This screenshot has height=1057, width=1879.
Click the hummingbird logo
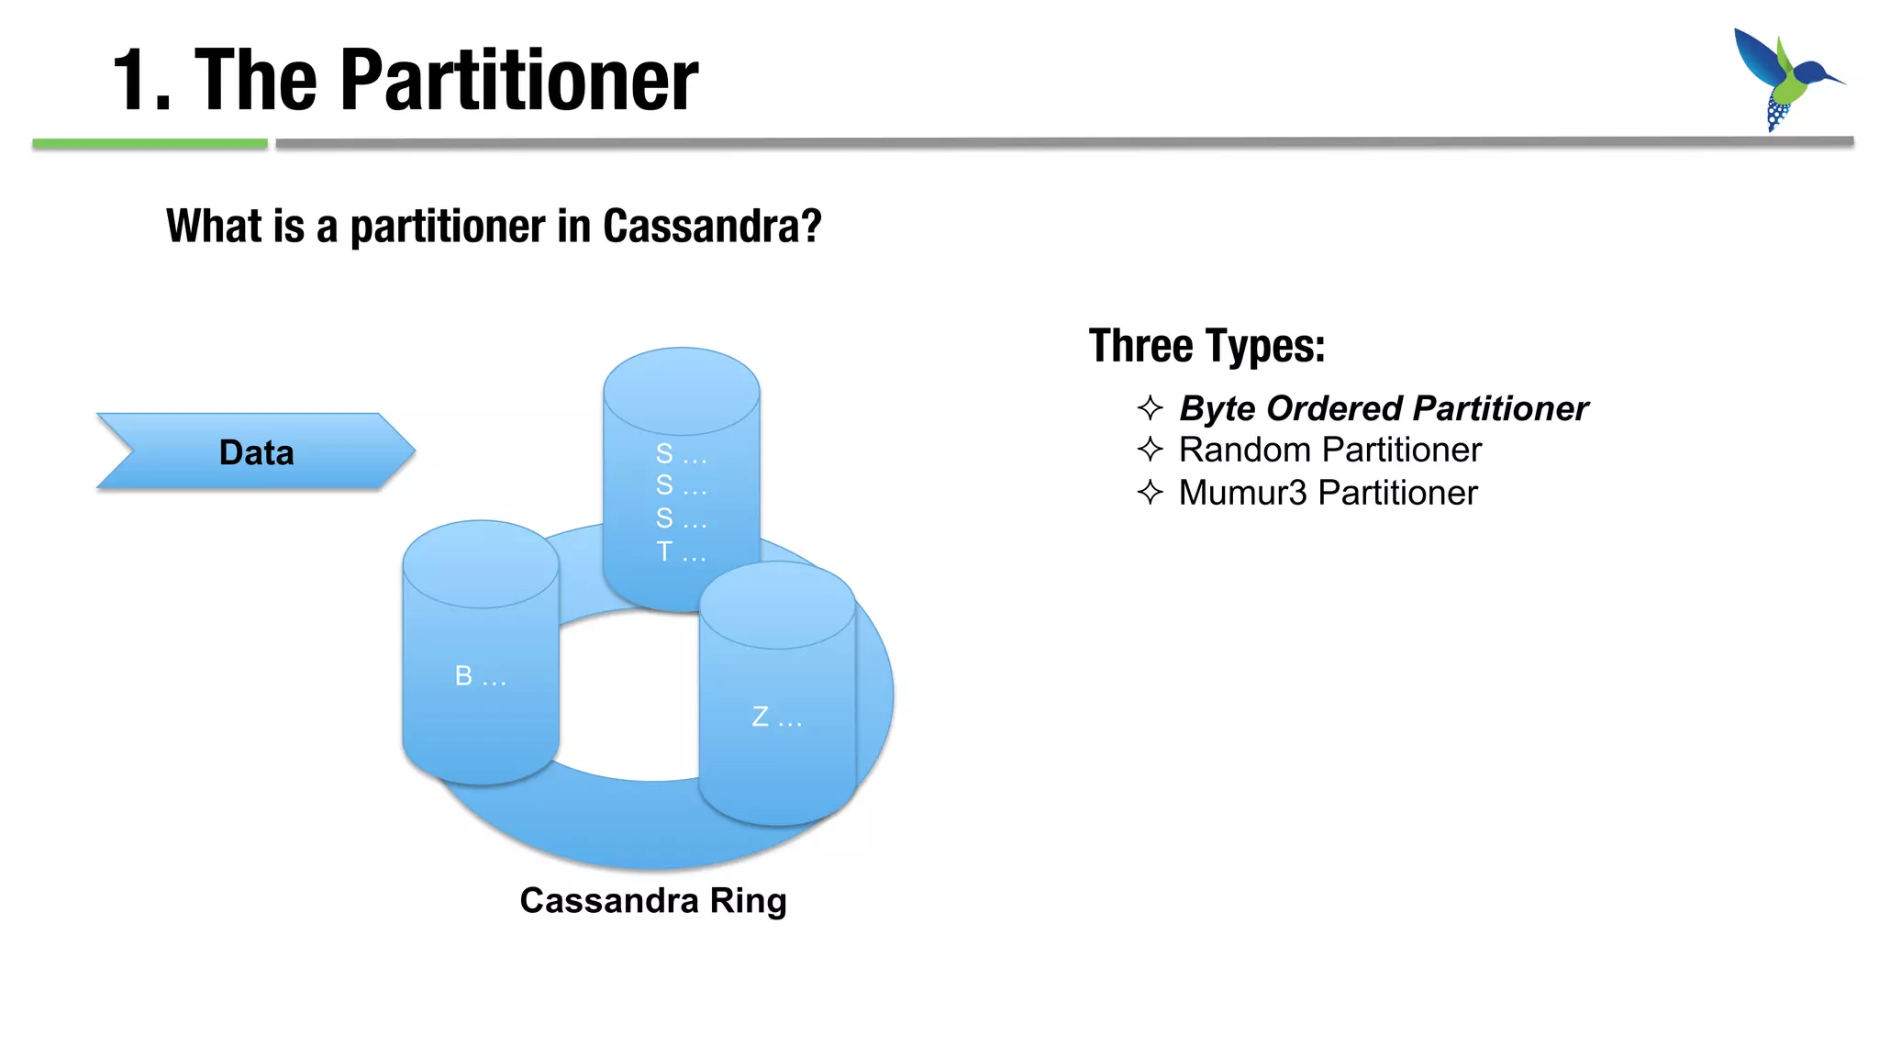pos(1784,78)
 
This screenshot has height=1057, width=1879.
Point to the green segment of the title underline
pos(150,143)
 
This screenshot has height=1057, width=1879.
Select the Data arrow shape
pos(256,451)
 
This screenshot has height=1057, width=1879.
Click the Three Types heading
pos(1206,347)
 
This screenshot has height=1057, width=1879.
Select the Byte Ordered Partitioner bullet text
pos(1383,408)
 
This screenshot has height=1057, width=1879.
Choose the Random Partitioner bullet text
pos(1329,451)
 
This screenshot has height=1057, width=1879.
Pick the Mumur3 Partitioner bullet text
pos(1328,493)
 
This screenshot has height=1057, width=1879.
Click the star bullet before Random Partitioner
pos(1150,450)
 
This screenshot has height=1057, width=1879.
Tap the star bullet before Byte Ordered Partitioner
pos(1150,407)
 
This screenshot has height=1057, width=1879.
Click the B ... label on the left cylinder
pos(480,677)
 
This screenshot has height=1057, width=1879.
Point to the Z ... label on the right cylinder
pos(776,718)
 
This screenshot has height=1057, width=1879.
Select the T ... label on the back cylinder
pos(681,552)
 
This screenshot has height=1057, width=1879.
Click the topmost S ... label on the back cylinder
pos(681,453)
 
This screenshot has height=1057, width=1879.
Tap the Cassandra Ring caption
pos(652,900)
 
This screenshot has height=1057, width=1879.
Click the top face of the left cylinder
pos(480,563)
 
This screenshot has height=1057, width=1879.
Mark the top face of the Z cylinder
pos(777,605)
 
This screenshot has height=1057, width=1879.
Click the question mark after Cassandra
pos(811,226)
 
